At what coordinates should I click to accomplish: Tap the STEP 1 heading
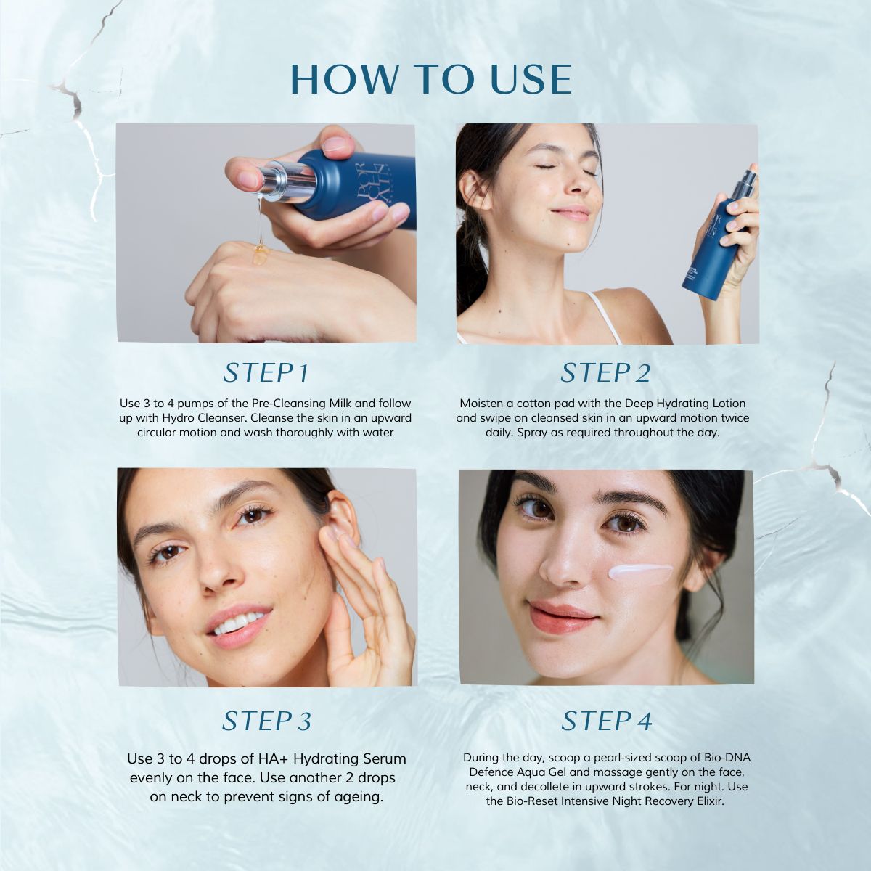coord(266,373)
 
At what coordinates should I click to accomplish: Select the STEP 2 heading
coord(605,373)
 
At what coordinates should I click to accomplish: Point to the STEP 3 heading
coord(266,721)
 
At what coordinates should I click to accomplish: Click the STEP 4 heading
coord(607,721)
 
